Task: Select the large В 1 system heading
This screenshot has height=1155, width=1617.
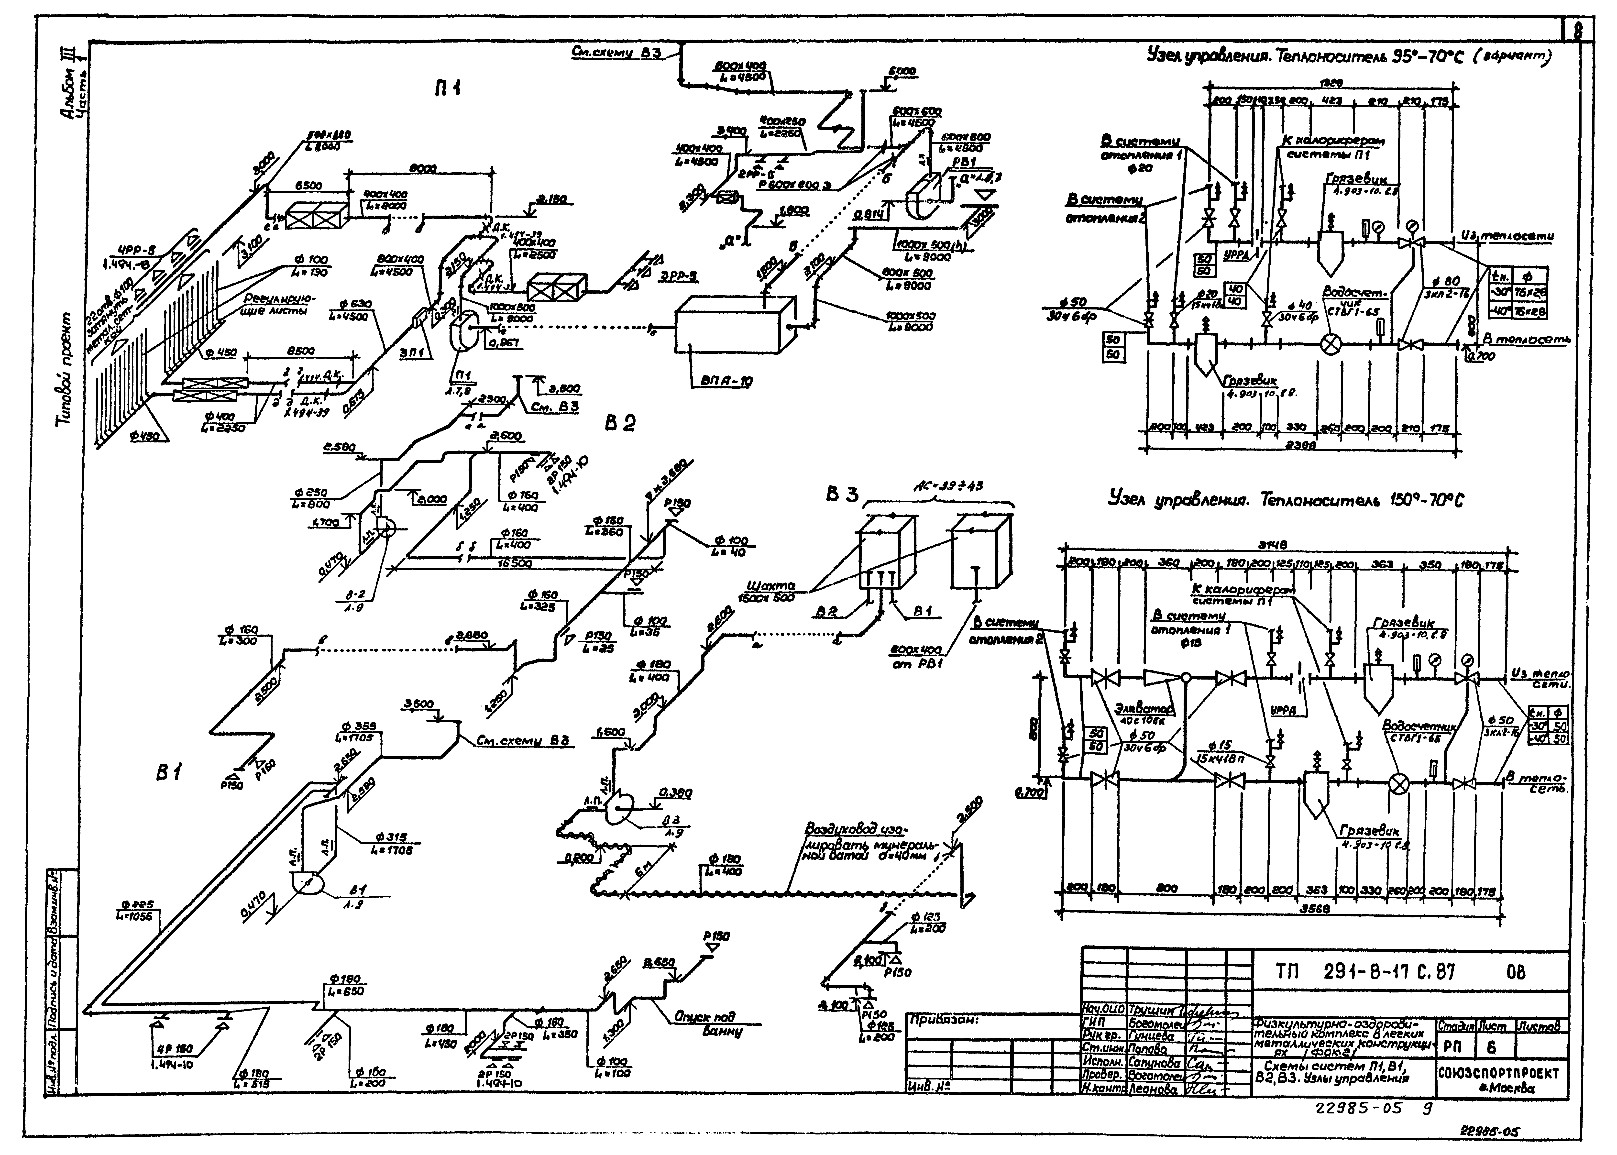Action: pos(169,773)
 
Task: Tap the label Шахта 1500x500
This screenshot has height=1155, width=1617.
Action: pos(771,592)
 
